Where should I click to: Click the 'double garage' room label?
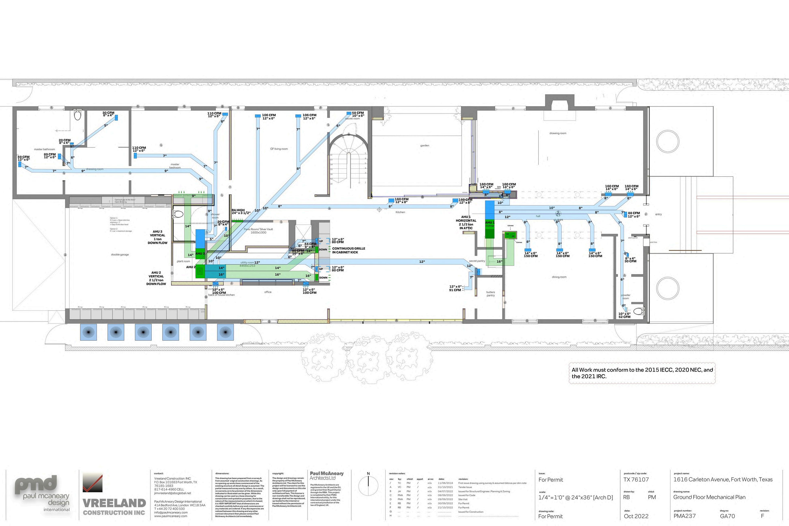tap(120, 255)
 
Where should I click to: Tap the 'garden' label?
tap(425, 146)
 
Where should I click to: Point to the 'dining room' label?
tap(559, 277)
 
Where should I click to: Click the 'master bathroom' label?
tap(44, 149)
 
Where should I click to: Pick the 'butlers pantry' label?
tap(490, 294)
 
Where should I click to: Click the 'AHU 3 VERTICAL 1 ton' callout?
tap(157, 237)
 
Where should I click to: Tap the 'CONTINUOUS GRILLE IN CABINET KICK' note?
tap(349, 250)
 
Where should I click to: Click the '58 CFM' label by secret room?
tap(358, 113)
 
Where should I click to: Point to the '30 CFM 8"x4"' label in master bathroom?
tap(108, 114)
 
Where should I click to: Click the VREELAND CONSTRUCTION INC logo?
tap(114, 497)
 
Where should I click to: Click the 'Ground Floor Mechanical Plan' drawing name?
tap(709, 497)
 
